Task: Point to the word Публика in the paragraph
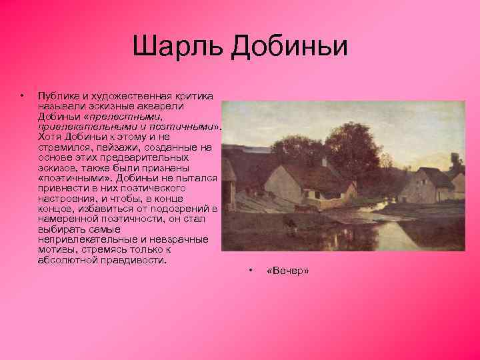click(58, 95)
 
